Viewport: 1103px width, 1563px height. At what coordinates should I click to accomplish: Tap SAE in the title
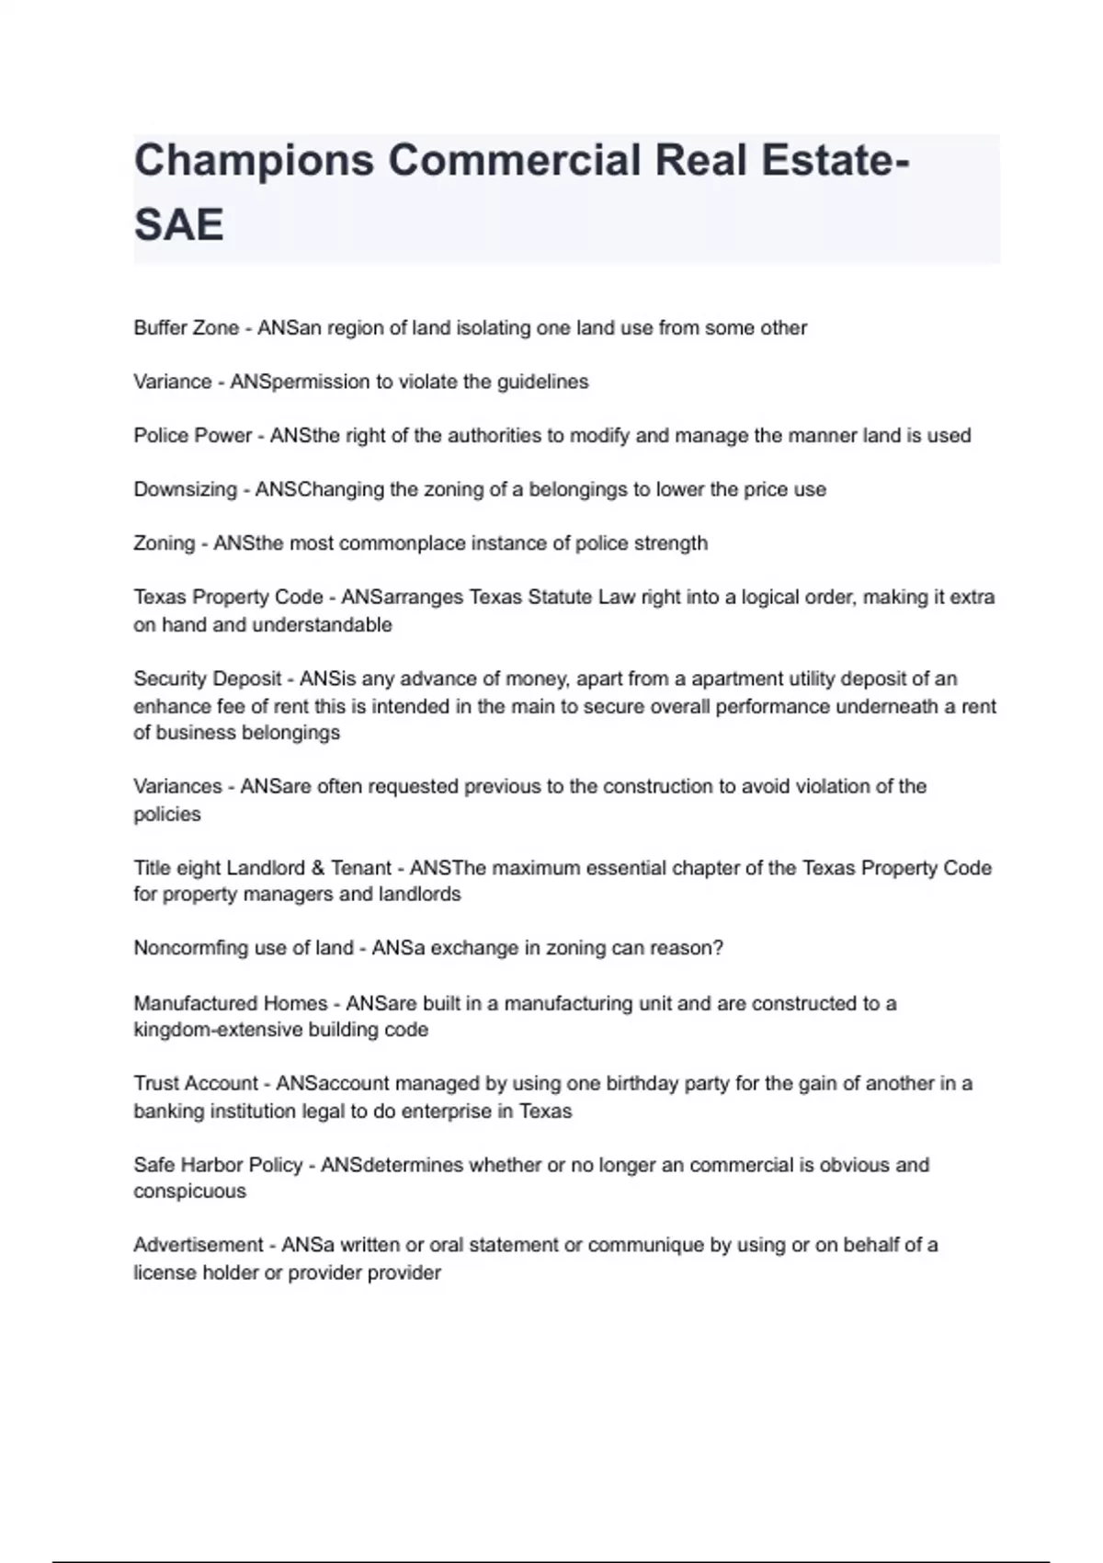coord(178,224)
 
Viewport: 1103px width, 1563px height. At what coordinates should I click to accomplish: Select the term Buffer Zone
coord(186,328)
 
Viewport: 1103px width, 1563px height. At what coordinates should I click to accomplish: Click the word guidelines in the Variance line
coord(542,382)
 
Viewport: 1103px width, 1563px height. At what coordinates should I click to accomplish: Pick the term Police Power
coord(192,436)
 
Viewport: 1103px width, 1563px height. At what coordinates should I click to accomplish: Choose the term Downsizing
coord(185,489)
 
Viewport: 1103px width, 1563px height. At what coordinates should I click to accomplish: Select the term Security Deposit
coord(207,679)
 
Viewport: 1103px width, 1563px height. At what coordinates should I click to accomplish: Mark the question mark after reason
coord(719,948)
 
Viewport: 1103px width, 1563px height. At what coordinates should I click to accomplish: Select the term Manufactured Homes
coord(230,1003)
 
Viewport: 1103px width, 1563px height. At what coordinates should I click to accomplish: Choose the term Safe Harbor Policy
coord(218,1165)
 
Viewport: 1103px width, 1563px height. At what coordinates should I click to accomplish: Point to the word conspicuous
coord(189,1192)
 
